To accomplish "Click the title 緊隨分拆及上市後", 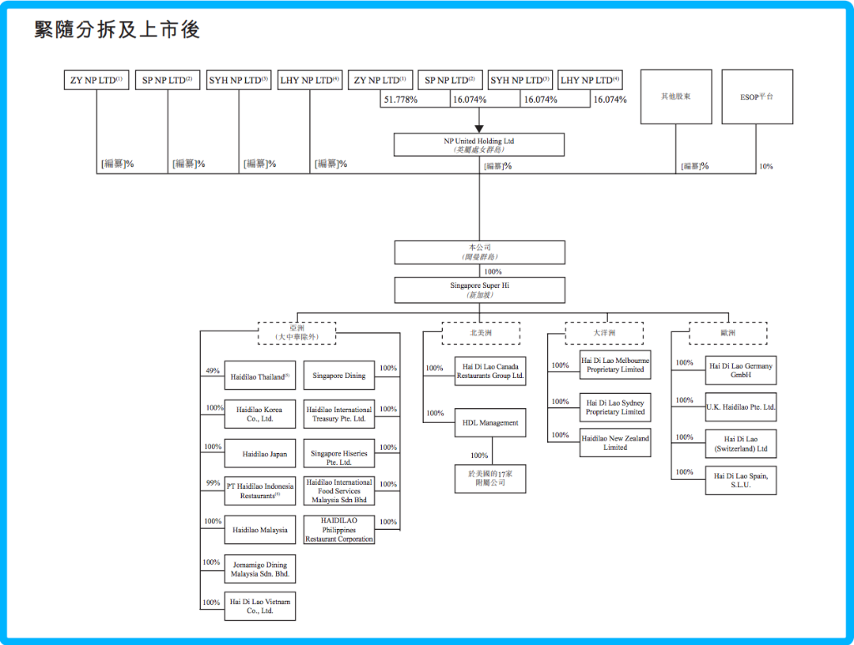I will click(x=117, y=30).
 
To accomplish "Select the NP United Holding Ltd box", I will click(x=479, y=145).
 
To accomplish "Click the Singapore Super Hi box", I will click(x=479, y=290).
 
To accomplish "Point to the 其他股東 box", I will click(x=675, y=97).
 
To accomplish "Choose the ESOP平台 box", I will click(x=757, y=97).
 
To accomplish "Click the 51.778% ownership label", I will click(x=400, y=100).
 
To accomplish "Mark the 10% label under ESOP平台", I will click(x=766, y=166).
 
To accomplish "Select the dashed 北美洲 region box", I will click(x=480, y=333).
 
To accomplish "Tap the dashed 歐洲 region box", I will click(x=728, y=333).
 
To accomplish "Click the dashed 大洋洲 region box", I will click(x=605, y=333).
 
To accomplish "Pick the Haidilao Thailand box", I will click(x=259, y=376).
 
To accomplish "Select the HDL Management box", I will click(x=490, y=423).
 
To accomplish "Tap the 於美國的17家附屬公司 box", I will click(x=490, y=478).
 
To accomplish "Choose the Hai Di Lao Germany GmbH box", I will click(x=741, y=370).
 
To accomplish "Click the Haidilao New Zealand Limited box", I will click(x=615, y=442).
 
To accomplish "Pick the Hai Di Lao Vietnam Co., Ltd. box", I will click(x=259, y=606).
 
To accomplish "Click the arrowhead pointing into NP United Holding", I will click(x=479, y=128).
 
